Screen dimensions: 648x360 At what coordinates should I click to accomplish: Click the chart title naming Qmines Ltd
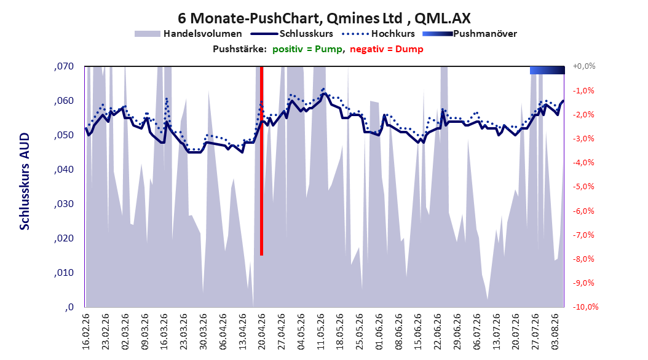point(324,18)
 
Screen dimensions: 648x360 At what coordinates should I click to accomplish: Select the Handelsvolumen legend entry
point(189,34)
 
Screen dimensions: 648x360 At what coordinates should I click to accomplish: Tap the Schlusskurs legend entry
point(293,34)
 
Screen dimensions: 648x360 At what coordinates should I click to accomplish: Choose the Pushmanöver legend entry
point(470,34)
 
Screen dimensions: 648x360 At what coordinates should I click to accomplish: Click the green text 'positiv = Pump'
point(307,49)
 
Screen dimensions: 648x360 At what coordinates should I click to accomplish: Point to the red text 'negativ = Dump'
point(387,49)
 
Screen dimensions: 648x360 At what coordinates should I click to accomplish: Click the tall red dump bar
point(261,160)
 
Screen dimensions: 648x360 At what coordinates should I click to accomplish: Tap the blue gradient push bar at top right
point(547,70)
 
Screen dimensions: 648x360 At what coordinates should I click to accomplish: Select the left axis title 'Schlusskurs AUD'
point(25,181)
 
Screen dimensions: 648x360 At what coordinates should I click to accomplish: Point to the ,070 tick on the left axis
point(64,66)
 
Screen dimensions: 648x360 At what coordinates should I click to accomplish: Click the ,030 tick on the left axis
point(64,204)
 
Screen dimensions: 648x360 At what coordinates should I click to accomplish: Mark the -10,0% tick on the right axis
point(585,307)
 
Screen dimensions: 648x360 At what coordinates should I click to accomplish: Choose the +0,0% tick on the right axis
point(584,66)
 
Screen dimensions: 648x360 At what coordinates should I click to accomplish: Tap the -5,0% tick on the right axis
point(583,187)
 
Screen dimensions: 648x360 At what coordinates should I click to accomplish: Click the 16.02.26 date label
point(86,332)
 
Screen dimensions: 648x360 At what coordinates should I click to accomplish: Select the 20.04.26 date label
point(261,332)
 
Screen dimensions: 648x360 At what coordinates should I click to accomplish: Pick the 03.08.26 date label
point(555,332)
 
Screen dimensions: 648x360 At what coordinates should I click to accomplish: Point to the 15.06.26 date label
point(418,332)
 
